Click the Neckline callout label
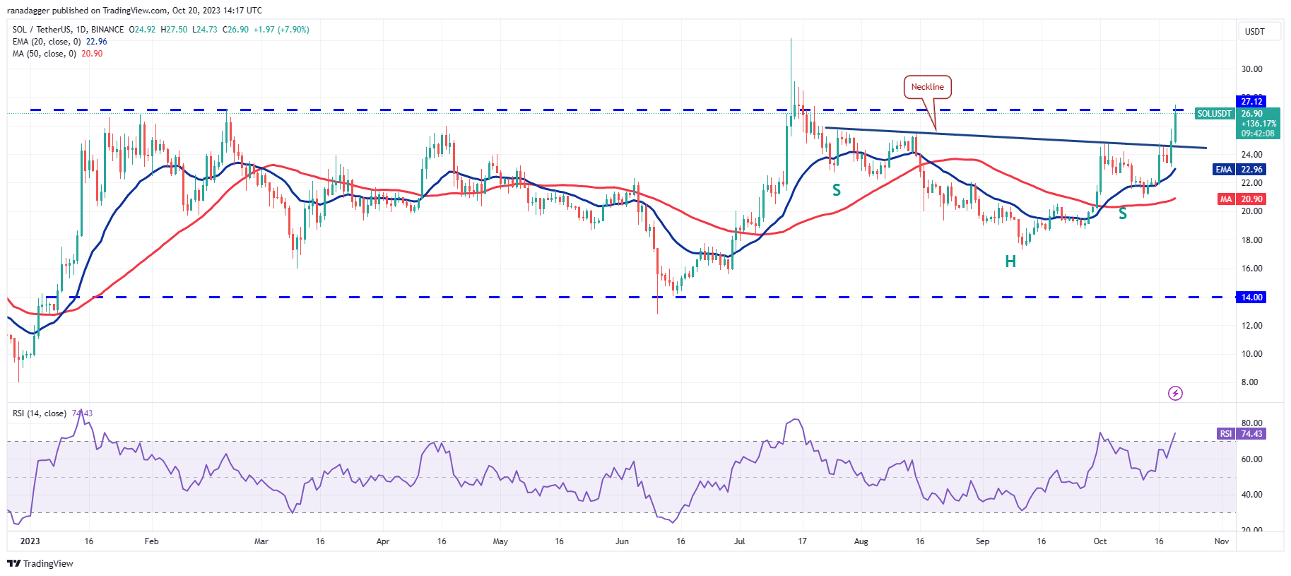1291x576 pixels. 927,87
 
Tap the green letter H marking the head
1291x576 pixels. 1010,261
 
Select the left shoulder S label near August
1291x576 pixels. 837,190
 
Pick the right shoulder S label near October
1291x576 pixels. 1122,213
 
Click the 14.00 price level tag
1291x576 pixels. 1251,298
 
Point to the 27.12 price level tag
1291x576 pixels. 1251,102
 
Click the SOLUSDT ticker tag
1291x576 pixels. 1214,114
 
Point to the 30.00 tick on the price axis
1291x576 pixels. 1251,69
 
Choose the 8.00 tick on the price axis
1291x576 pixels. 1250,382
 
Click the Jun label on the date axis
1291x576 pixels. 622,541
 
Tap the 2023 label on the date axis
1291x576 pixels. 30,541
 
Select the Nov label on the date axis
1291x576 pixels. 1221,541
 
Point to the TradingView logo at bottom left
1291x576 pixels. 40,563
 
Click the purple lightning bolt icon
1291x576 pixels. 1175,393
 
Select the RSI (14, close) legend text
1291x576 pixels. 40,413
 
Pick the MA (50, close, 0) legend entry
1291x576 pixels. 44,54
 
